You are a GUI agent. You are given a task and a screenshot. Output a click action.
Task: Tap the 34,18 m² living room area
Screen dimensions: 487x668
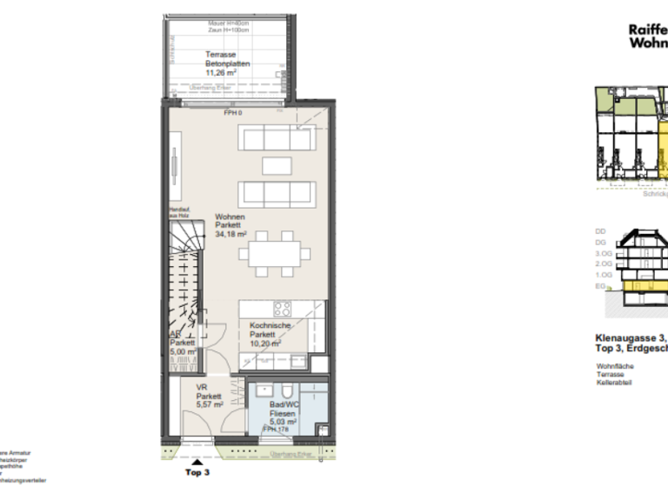(231, 234)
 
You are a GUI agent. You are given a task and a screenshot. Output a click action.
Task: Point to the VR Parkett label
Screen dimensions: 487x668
(209, 396)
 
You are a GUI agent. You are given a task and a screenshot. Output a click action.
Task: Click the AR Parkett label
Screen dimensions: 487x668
(182, 344)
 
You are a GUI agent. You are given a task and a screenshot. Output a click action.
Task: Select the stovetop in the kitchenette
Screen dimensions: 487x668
(283, 309)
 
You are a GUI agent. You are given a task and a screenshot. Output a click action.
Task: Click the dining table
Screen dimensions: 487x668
(277, 254)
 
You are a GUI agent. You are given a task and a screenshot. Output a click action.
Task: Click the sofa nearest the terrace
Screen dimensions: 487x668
(277, 137)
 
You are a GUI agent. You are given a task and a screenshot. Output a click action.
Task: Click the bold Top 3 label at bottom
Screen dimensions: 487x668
(197, 473)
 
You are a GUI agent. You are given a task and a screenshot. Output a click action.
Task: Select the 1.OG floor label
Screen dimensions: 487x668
(600, 275)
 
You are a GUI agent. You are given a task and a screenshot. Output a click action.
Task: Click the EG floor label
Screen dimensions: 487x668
(600, 286)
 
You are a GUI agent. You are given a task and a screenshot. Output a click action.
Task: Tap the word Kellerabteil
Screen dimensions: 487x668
(613, 384)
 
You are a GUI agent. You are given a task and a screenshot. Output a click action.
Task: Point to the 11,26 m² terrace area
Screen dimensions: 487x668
(209, 74)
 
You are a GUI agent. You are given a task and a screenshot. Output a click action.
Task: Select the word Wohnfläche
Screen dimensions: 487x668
(614, 366)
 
